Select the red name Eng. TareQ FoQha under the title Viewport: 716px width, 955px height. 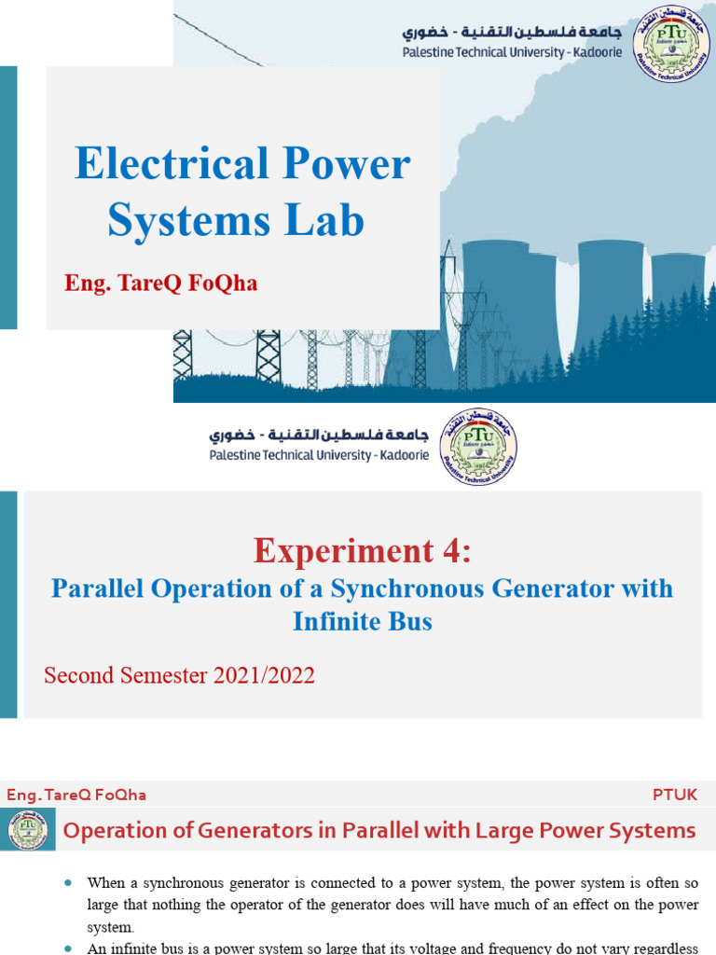point(160,284)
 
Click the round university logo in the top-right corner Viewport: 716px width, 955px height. point(671,44)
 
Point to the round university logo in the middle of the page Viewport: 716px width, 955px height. point(478,446)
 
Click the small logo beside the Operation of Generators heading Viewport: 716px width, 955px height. point(28,830)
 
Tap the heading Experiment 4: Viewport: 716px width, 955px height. point(363,551)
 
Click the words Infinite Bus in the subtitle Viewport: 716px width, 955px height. point(363,621)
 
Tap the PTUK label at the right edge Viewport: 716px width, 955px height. point(676,795)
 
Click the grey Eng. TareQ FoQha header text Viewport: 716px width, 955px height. point(76,795)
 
